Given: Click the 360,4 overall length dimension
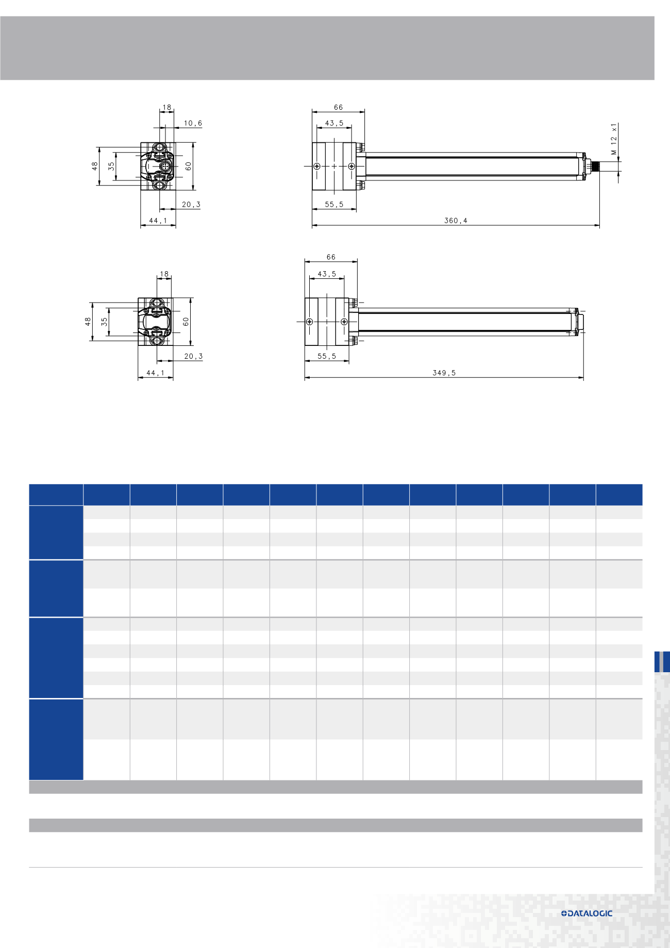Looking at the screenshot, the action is (456, 221).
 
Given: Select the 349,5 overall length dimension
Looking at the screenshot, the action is (444, 373).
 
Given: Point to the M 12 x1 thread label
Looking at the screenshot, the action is (614, 139).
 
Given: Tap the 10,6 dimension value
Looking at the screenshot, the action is (193, 123).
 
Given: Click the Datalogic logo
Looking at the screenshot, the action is (587, 913).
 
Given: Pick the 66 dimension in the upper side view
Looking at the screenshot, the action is (338, 107).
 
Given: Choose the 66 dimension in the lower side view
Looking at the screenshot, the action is (331, 257).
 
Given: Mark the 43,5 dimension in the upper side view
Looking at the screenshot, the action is (334, 123).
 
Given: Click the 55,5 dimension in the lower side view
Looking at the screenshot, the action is (327, 356).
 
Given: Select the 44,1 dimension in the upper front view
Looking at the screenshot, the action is (158, 221).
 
